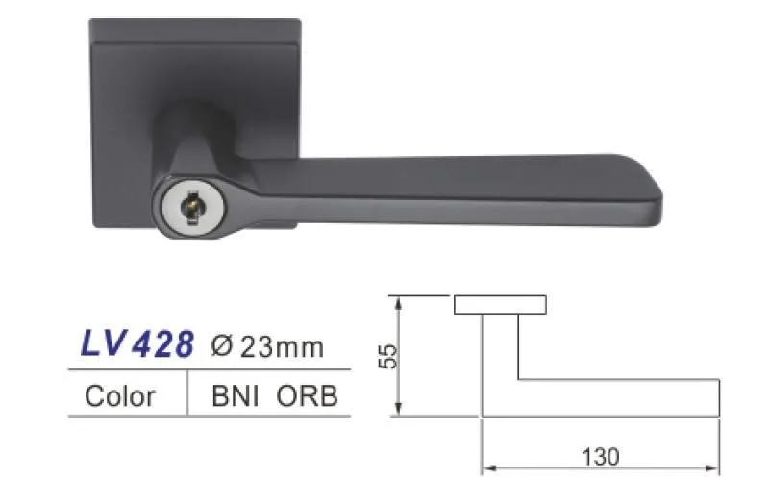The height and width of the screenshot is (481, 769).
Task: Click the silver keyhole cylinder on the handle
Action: click(194, 208)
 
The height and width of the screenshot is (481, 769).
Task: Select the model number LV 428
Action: click(137, 343)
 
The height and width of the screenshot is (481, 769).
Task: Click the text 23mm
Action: click(282, 347)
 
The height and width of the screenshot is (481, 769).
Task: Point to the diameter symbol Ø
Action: click(221, 346)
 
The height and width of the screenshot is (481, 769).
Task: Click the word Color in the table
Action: click(119, 395)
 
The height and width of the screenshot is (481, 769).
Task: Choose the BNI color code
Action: click(235, 395)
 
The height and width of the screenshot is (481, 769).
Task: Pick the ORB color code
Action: click(307, 395)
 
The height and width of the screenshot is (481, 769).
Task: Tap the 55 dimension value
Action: click(387, 356)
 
